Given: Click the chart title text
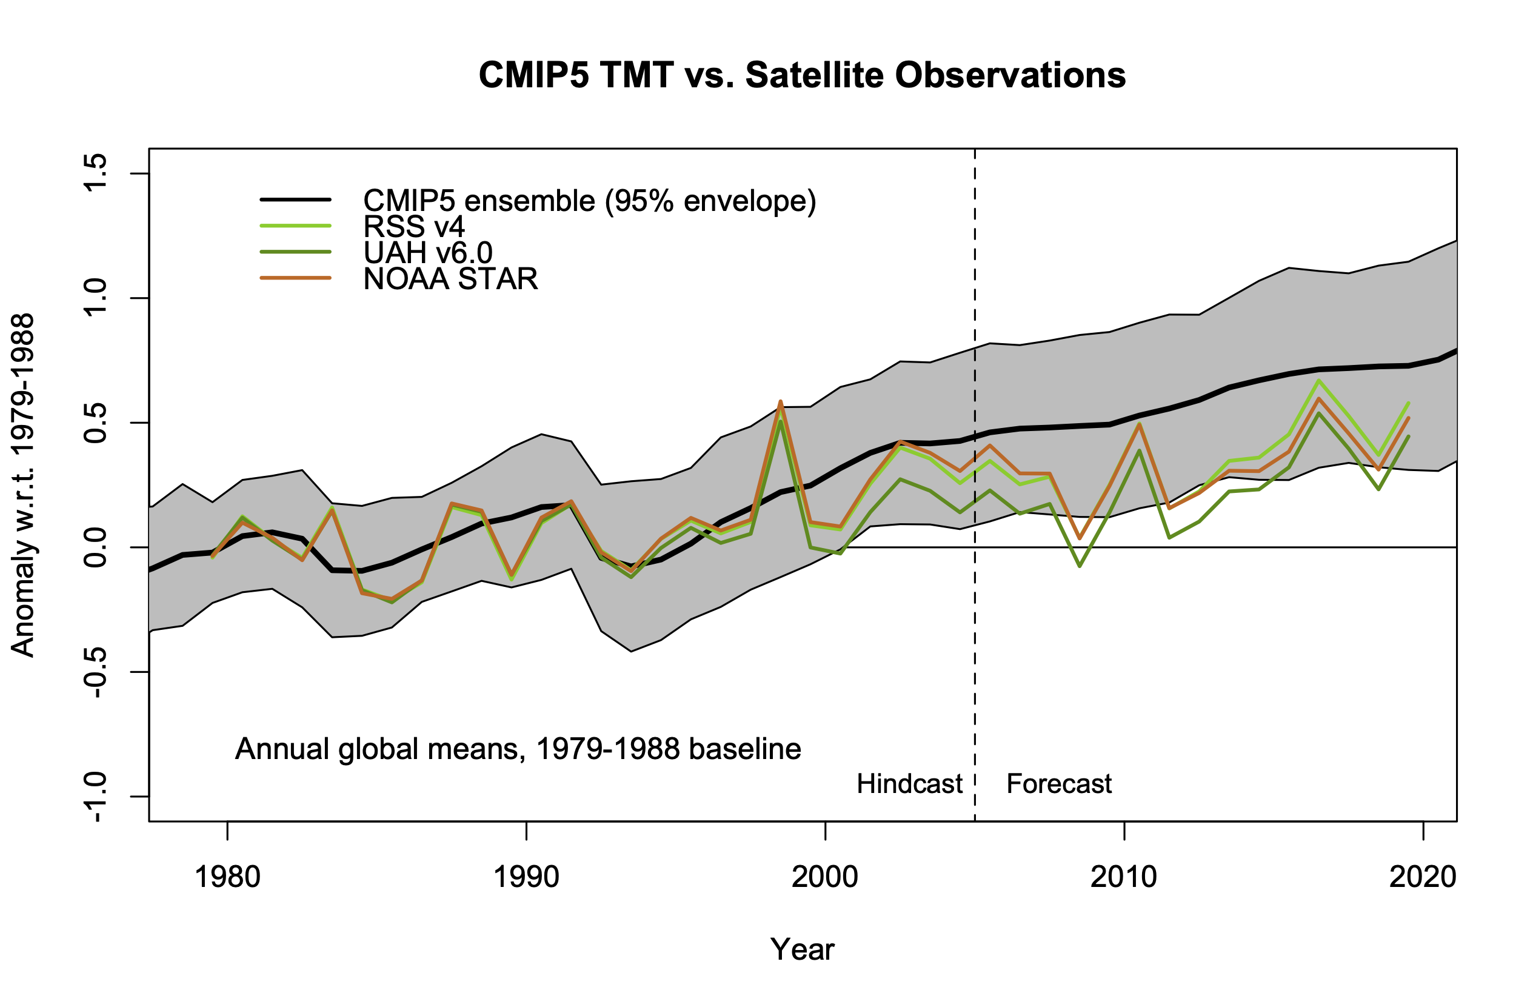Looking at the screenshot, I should click(802, 75).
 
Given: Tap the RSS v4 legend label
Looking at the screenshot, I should click(413, 227).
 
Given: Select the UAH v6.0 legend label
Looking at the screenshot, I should click(428, 253).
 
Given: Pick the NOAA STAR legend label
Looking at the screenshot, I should click(450, 279).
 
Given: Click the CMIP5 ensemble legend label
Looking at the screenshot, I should click(589, 201).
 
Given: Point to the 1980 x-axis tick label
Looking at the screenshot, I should click(227, 877).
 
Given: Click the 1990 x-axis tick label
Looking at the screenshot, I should click(526, 877).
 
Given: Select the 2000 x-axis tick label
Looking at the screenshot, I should click(824, 877).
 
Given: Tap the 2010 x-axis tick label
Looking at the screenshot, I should click(1123, 877).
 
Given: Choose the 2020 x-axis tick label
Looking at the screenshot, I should click(1422, 877).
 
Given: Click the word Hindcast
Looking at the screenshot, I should click(909, 784).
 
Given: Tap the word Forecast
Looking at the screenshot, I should click(1059, 784).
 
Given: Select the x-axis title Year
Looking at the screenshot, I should click(802, 949).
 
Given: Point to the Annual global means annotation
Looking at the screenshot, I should click(518, 749).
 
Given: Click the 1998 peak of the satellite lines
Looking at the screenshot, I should click(780, 402).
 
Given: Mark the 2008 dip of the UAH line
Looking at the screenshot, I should click(1080, 566).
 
